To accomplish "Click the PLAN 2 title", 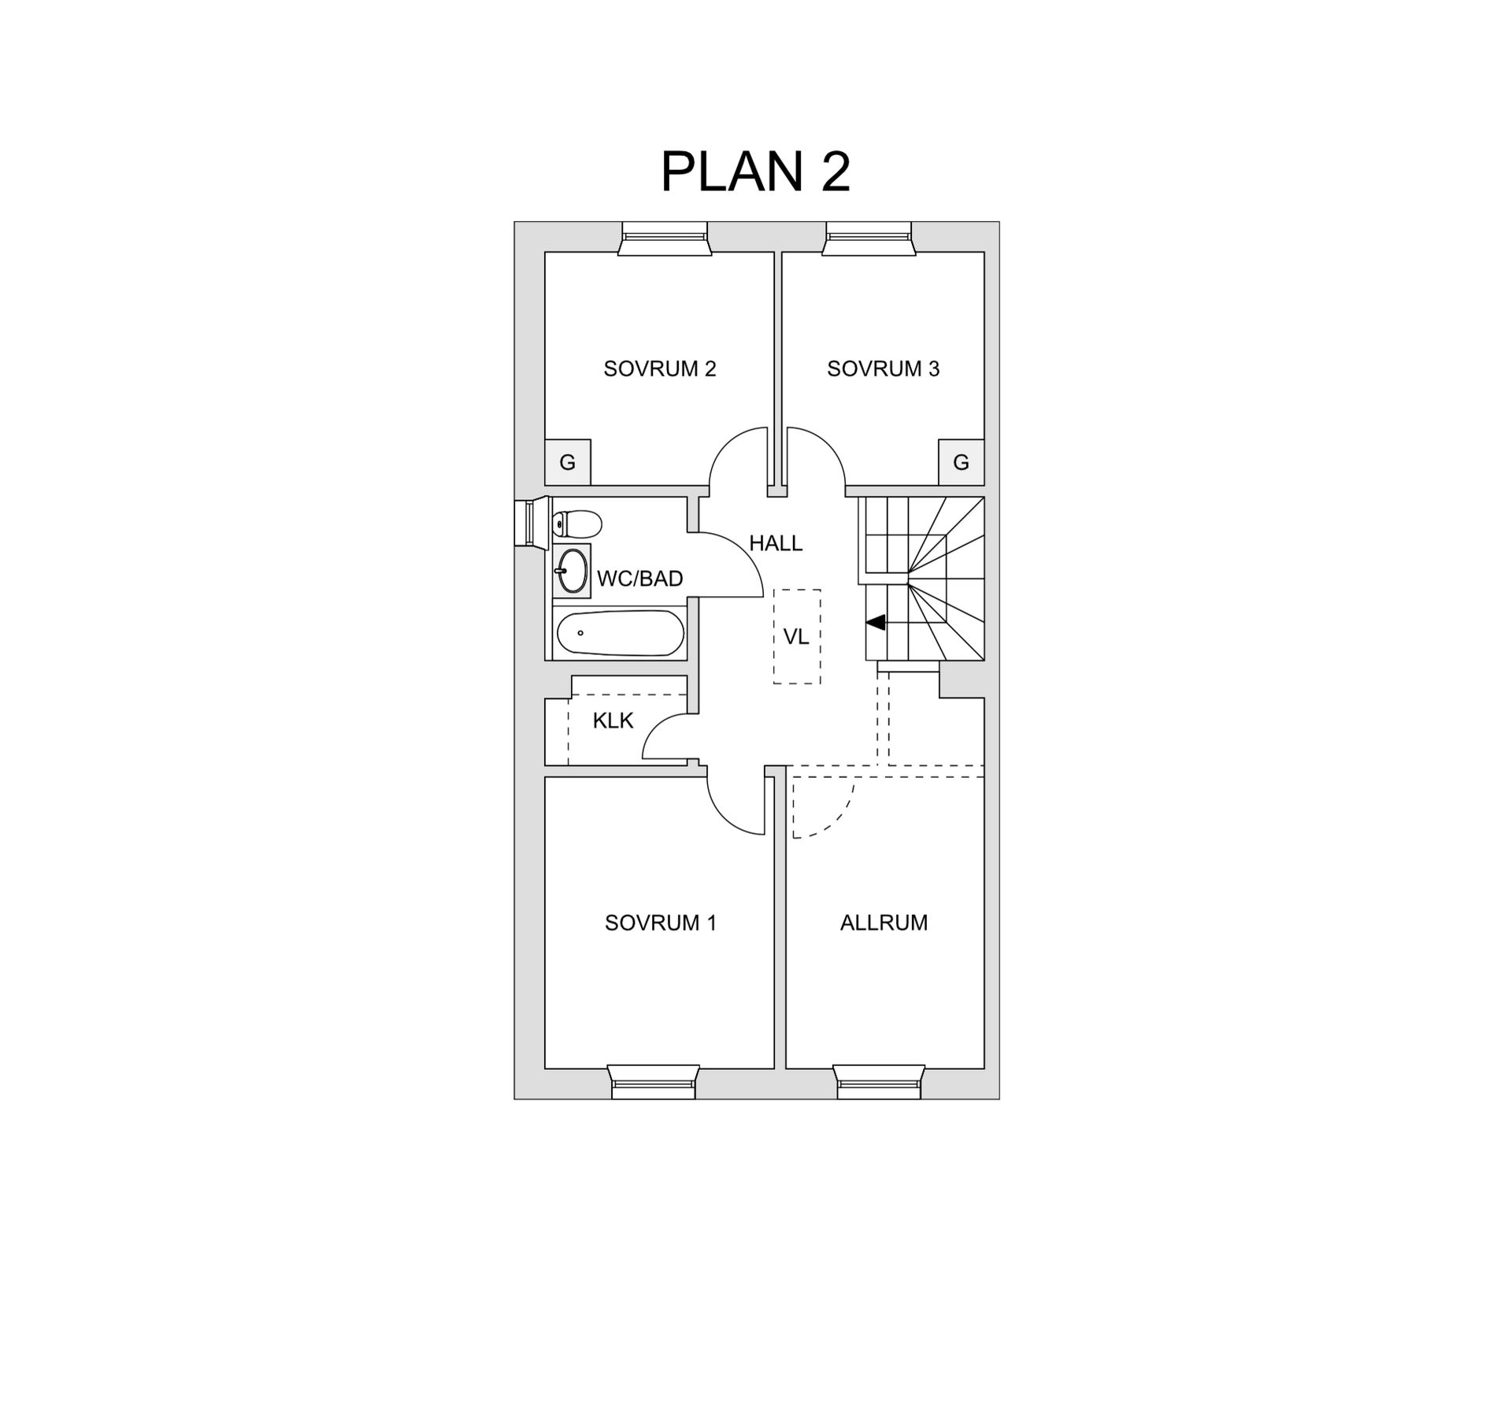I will (755, 172).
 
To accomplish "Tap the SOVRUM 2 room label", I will (659, 368).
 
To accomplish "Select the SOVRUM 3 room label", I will (883, 368).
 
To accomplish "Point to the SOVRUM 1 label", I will (660, 922).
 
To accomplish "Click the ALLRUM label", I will (884, 922).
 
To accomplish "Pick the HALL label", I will (775, 543).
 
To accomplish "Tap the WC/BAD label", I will (639, 579).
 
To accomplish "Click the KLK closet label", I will (613, 720).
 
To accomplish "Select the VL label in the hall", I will (796, 636).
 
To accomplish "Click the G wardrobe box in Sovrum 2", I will (567, 462).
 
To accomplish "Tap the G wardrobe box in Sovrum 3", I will (961, 462).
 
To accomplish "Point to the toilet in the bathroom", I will (577, 523).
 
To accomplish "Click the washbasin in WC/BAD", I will (572, 570).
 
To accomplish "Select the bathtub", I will (620, 633).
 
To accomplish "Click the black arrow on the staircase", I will (876, 622).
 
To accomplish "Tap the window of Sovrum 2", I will (665, 238).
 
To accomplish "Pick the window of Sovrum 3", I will (869, 238).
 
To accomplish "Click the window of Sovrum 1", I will (654, 1082).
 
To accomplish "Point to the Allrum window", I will (879, 1082).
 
